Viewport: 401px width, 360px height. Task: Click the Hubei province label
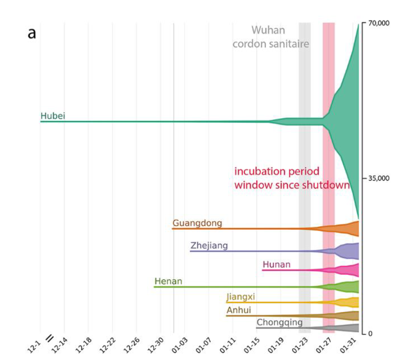coord(53,116)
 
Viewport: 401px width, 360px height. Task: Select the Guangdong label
coord(197,223)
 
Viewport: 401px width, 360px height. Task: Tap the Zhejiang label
coord(209,246)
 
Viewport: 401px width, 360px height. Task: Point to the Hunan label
coord(276,265)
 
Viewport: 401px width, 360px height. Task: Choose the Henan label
coord(168,282)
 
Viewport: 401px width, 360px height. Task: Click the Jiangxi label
coord(241,297)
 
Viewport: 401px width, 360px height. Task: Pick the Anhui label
coord(239,310)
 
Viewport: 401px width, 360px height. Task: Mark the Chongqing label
coord(280,322)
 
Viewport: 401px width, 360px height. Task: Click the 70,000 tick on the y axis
coord(379,23)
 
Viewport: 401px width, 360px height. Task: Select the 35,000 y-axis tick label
coord(379,178)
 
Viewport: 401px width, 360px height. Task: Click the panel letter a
coord(32,34)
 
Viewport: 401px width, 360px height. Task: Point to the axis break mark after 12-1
coord(50,338)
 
